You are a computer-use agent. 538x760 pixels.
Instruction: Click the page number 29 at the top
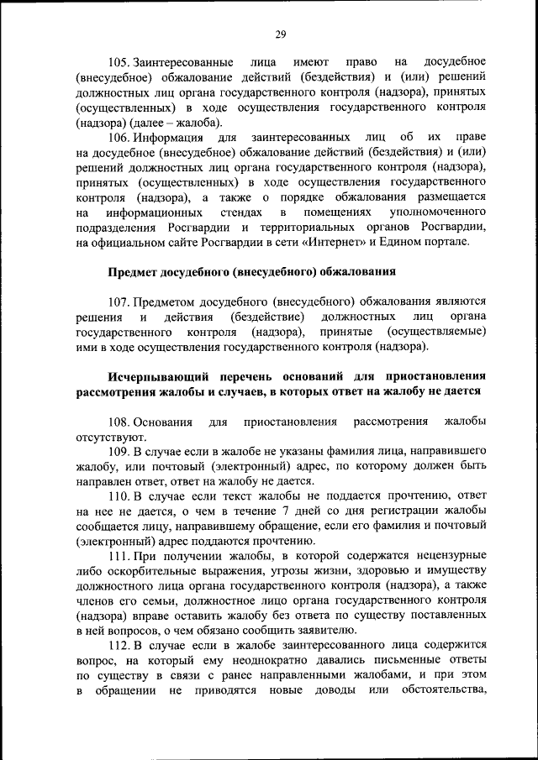coord(280,34)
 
